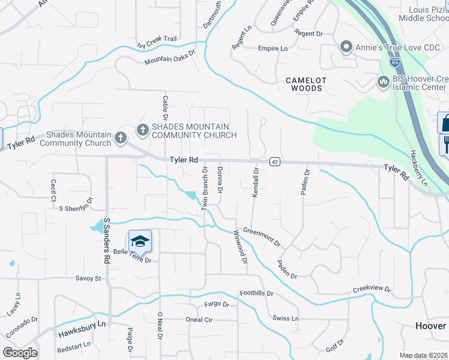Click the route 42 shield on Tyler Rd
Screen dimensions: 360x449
274,161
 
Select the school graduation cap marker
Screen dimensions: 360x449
140,242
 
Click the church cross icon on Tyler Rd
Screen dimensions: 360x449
120,137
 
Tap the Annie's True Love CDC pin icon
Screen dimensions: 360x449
346,47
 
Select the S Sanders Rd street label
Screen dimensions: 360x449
107,239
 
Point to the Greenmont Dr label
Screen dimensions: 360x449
262,236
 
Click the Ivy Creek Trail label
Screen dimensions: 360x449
157,41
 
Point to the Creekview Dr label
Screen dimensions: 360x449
372,289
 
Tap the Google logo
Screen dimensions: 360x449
20,353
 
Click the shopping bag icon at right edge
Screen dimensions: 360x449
444,123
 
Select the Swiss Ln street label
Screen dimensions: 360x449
285,318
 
